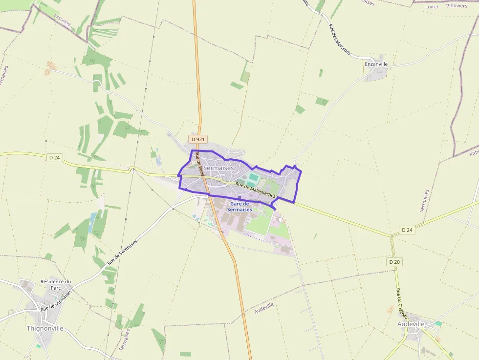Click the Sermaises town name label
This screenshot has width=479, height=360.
[218, 168]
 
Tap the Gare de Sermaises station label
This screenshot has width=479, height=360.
[239, 207]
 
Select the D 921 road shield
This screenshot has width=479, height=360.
[197, 139]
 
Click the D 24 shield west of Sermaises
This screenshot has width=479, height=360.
[54, 158]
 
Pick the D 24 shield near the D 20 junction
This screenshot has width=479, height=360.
[407, 230]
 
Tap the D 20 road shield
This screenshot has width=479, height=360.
[395, 262]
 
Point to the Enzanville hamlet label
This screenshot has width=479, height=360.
[376, 64]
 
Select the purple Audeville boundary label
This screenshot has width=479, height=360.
[264, 308]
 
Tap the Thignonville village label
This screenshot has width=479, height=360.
[45, 328]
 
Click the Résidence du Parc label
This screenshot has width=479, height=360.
[56, 284]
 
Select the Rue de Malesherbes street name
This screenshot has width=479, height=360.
[256, 191]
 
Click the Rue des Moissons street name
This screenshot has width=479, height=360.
[340, 40]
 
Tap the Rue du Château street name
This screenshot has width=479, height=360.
[401, 304]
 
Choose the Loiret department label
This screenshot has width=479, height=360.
[432, 7]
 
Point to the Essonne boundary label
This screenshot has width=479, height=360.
[63, 20]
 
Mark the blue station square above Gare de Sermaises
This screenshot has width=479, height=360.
[239, 197]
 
